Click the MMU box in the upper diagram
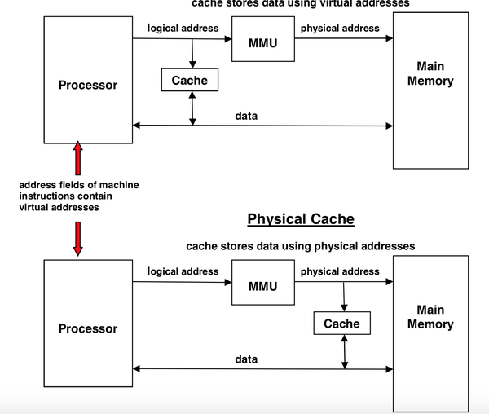point(262,42)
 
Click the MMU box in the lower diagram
point(262,285)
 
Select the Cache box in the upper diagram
point(190,80)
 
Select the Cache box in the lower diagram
point(341,324)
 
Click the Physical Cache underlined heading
point(301,219)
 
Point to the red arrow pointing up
point(78,158)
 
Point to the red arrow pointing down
point(78,236)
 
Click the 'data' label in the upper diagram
point(246,116)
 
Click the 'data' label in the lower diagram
point(246,359)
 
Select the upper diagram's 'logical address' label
point(183,28)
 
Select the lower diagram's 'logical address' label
point(183,271)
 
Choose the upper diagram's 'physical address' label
point(340,28)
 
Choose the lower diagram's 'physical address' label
point(340,271)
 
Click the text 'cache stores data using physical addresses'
point(301,246)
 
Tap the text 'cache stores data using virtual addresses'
point(301,3)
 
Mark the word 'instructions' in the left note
point(47,196)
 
